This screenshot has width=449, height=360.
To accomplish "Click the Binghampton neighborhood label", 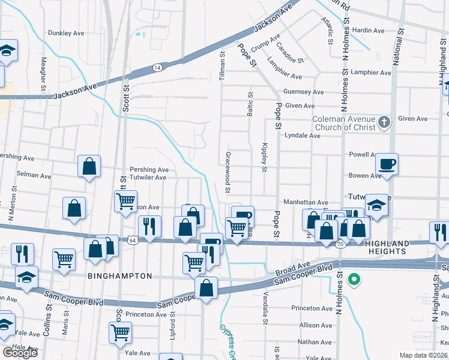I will pos(117,276).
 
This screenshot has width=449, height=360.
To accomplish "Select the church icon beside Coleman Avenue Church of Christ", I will pos(385,123).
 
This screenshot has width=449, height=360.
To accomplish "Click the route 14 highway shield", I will pos(157,68).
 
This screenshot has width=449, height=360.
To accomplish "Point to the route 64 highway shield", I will pos(131,240).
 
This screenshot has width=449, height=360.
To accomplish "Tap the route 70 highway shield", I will pos(340,245).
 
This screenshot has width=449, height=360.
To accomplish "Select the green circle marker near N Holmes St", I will pos(354,279).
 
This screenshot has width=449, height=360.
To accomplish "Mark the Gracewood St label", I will pos(228,172).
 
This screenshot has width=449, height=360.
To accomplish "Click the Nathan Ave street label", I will pos(315,342).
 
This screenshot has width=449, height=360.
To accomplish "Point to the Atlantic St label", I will pos(328,31).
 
